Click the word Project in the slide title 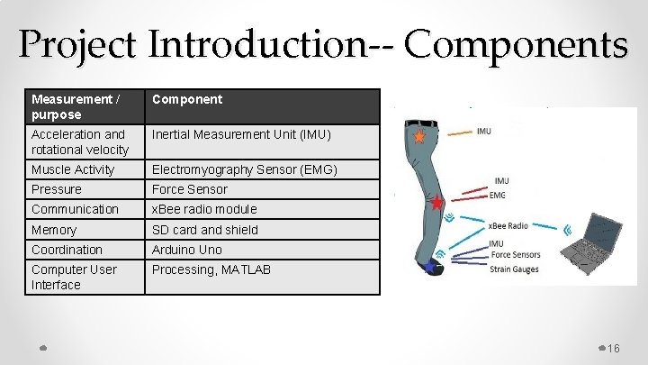click(x=75, y=44)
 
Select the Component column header click(x=186, y=99)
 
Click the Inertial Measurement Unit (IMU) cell click(x=241, y=134)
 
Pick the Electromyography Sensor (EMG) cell click(x=245, y=169)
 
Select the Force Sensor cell click(x=190, y=189)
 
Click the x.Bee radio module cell click(x=204, y=209)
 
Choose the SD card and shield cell click(x=204, y=230)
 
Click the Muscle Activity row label click(x=73, y=169)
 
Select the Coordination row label click(x=67, y=250)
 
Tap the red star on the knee click(x=437, y=203)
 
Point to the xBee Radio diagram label click(x=508, y=225)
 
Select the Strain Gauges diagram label click(x=513, y=267)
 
